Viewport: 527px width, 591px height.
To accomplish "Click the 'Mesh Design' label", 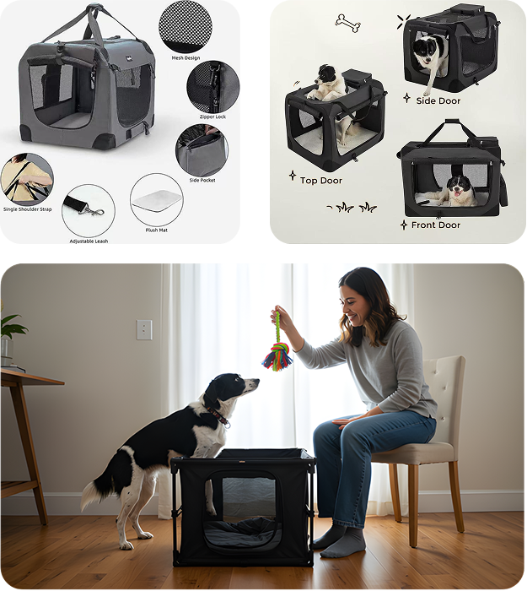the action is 186,58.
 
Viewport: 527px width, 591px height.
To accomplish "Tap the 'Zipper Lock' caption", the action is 212,117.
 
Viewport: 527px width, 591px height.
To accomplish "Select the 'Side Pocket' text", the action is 202,180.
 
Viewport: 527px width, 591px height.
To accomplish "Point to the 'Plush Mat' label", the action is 157,230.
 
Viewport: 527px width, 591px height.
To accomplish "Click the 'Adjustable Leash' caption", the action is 89,241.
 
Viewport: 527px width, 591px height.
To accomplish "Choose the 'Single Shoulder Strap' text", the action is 28,209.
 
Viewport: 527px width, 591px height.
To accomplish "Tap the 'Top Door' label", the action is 321,181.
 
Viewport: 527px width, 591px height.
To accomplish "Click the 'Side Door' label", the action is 438,101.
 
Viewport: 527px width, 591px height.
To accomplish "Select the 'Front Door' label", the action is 436,225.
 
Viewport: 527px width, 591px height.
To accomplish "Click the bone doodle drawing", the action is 347,23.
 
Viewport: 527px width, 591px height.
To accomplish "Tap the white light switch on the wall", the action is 144,330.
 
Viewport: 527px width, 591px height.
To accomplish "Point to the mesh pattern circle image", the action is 186,26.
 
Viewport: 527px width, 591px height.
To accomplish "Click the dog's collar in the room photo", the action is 218,415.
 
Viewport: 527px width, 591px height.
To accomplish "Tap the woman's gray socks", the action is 341,542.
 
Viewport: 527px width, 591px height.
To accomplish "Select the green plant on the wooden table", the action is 11,328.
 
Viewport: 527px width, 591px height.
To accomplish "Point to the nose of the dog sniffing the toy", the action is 257,381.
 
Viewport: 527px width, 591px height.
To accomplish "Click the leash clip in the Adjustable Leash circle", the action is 94,211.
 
